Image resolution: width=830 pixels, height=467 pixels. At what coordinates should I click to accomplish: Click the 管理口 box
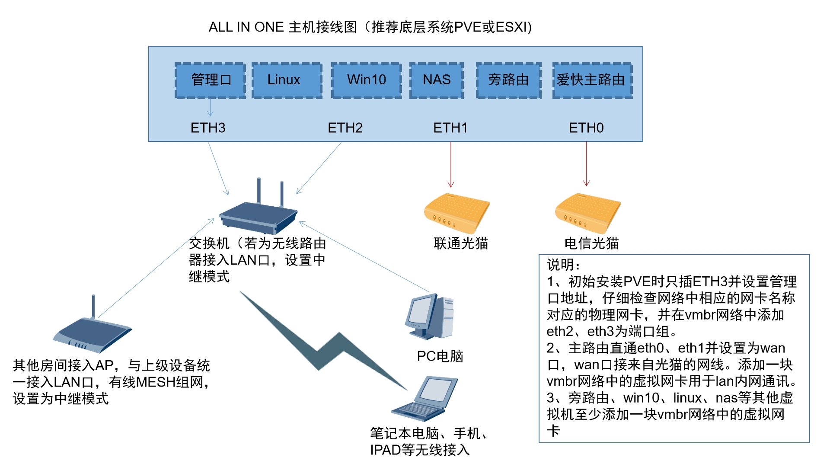[210, 80]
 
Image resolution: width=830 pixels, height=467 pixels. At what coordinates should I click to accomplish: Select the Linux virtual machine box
[287, 80]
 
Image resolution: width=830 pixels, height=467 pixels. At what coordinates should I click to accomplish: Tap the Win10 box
[367, 80]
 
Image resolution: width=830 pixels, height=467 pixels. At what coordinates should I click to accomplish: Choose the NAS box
[437, 80]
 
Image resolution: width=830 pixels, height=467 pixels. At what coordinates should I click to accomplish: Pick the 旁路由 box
[508, 80]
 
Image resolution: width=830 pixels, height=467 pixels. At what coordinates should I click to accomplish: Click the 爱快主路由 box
[592, 80]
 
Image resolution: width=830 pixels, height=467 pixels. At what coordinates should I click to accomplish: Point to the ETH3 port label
[208, 128]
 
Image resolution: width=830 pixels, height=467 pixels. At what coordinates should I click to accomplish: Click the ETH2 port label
[345, 128]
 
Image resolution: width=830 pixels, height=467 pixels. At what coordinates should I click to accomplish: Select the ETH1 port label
[450, 128]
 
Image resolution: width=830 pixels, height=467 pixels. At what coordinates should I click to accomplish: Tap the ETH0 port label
[586, 128]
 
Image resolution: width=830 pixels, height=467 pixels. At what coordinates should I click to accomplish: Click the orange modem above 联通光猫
[456, 213]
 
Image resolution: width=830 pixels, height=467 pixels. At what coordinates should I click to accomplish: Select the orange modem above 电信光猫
[587, 213]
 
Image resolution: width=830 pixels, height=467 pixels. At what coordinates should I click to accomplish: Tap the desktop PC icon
[429, 317]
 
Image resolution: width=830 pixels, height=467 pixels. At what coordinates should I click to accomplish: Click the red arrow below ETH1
[451, 164]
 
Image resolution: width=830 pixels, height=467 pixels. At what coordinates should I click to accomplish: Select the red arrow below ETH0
[587, 164]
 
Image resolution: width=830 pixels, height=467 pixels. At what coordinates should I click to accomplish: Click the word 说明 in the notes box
[560, 265]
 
